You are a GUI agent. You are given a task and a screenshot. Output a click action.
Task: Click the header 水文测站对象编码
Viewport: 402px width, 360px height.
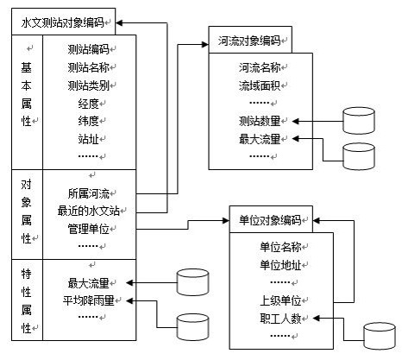tap(62, 22)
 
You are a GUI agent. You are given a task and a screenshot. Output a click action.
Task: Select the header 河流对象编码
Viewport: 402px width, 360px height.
tap(249, 41)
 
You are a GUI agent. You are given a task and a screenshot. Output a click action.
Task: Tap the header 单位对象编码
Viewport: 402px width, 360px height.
tap(270, 220)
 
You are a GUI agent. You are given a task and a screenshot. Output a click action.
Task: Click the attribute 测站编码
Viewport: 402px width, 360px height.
tap(88, 49)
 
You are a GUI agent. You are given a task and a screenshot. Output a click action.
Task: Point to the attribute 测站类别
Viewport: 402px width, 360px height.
tap(88, 85)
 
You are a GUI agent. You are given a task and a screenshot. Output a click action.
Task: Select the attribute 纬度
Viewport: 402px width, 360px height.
tap(88, 121)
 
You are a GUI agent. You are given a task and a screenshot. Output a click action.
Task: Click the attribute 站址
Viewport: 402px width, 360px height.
tap(88, 139)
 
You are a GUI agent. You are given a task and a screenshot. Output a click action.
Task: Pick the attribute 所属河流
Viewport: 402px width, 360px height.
tap(88, 193)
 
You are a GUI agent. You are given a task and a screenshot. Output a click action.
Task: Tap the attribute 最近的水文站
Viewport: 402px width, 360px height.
tap(89, 211)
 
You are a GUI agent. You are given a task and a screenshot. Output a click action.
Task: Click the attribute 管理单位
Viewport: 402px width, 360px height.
tap(88, 229)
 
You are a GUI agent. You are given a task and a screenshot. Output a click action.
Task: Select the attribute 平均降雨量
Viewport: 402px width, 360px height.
tap(89, 300)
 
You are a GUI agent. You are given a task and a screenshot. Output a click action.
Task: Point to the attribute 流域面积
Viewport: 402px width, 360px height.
tap(260, 85)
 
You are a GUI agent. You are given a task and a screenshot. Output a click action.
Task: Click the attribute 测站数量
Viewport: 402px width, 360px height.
tap(260, 121)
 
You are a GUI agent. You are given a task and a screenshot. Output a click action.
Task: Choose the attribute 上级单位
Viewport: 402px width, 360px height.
tap(280, 300)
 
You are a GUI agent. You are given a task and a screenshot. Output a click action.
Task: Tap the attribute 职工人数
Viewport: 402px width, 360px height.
tap(280, 319)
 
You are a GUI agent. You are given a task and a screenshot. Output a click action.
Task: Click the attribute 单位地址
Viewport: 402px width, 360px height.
tap(280, 265)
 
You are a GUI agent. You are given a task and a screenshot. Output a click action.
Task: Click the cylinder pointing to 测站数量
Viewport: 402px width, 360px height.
tap(359, 121)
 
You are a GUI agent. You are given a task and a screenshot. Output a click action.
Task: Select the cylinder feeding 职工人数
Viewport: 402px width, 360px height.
tap(380, 336)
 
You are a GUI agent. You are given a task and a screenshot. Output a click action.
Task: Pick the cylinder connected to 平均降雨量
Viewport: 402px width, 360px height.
tap(192, 327)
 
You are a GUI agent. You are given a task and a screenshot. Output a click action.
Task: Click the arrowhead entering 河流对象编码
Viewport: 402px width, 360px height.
tap(205, 44)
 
